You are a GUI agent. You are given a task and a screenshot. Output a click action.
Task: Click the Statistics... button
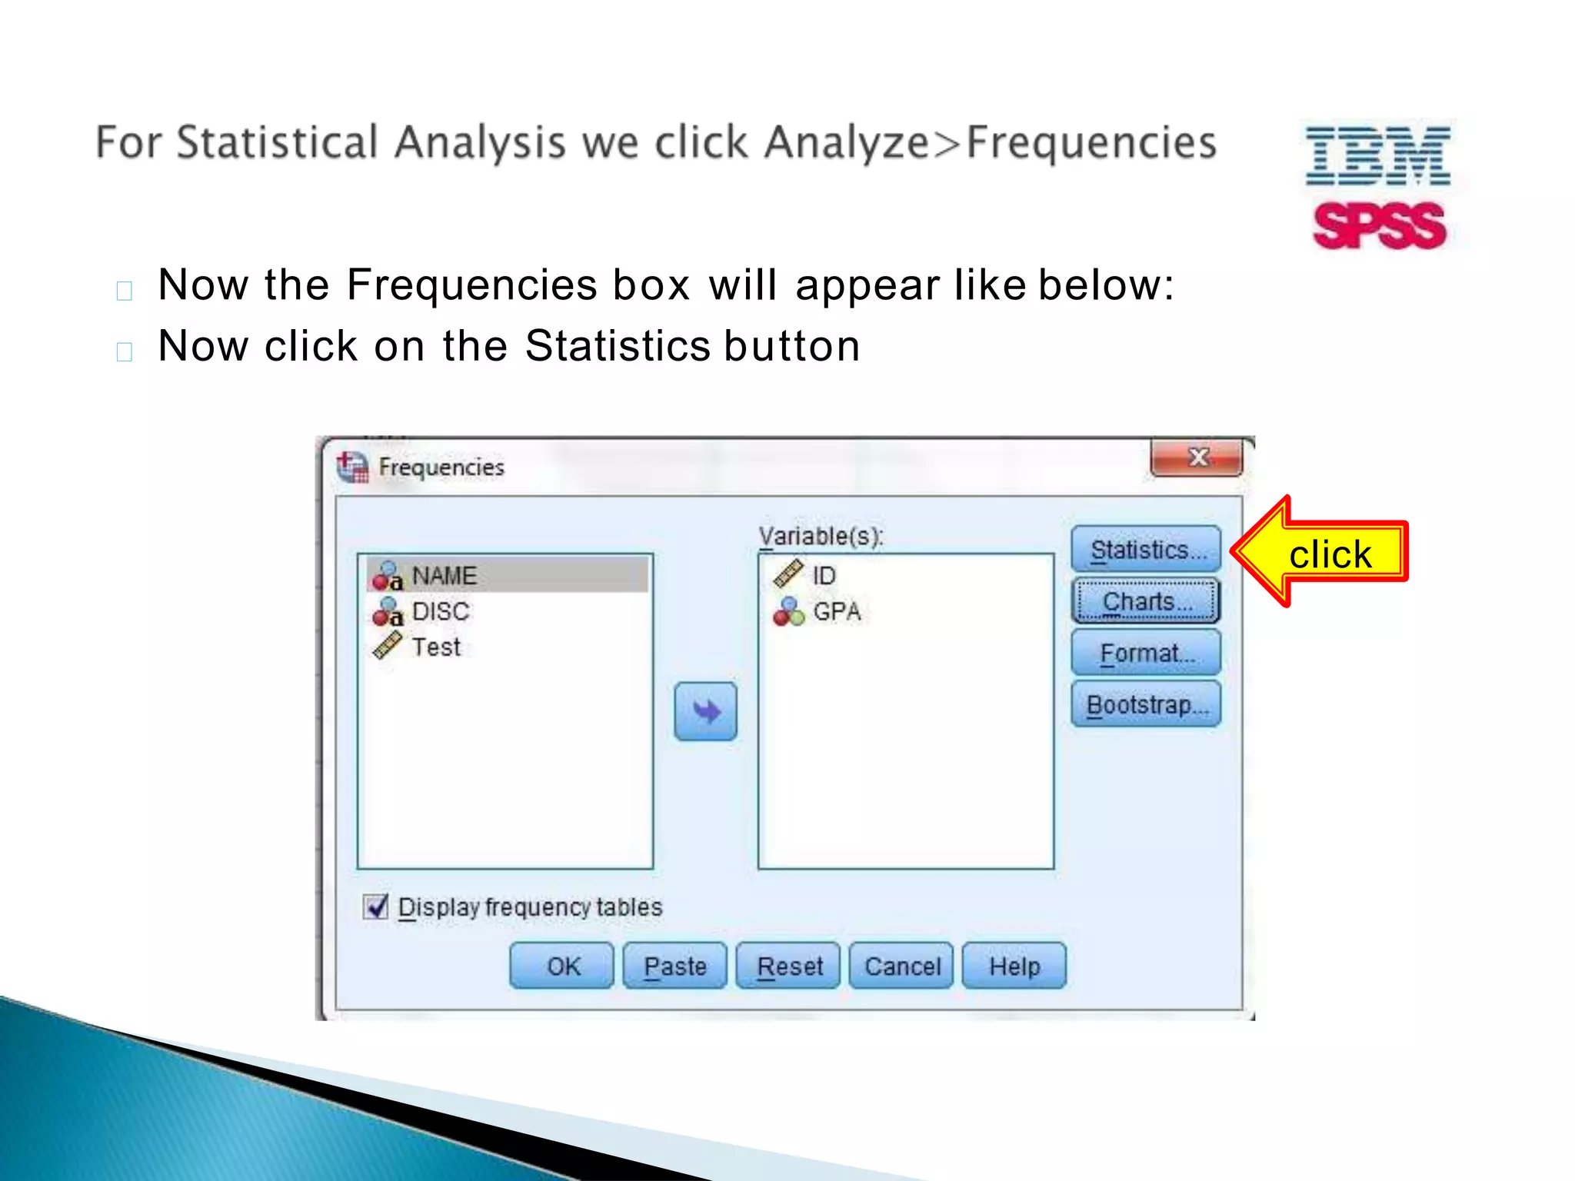[1146, 550]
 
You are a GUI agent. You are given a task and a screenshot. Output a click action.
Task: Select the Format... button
[1146, 654]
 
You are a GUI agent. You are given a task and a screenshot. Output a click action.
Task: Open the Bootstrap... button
[1146, 704]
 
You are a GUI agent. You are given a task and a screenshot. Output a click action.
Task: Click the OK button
[562, 966]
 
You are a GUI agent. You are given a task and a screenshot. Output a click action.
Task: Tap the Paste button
[674, 966]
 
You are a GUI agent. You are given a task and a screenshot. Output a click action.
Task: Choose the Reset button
[788, 966]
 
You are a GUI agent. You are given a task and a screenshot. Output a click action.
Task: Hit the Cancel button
[901, 966]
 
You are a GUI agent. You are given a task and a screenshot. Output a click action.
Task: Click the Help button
[1014, 966]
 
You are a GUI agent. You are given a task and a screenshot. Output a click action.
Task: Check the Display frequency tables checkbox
[376, 907]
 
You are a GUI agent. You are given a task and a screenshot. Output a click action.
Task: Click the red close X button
[1197, 458]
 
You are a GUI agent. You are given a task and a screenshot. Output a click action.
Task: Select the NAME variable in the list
[444, 576]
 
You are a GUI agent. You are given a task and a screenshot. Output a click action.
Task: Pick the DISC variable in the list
[440, 612]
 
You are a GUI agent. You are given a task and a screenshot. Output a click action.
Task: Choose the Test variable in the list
[435, 647]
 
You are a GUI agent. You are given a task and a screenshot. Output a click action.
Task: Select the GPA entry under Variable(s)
[836, 612]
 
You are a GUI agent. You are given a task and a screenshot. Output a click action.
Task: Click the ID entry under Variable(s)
[823, 576]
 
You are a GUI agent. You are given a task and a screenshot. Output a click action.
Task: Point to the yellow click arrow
[1319, 552]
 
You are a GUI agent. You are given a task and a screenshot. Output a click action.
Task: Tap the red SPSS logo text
[1380, 226]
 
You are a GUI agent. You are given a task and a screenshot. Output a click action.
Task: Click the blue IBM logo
[1378, 156]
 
